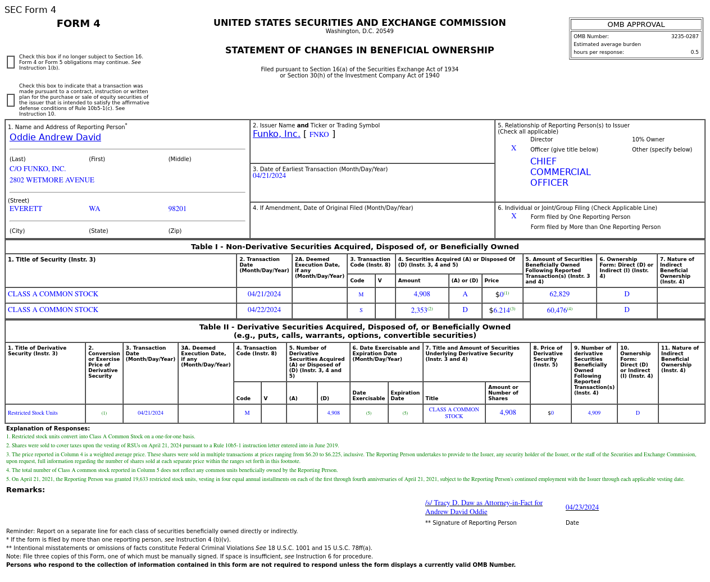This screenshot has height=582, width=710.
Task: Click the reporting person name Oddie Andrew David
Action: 55,138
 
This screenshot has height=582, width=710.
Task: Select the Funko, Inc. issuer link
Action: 276,134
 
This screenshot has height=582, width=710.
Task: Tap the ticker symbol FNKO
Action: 319,135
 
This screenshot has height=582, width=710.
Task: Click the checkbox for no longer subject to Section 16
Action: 11,62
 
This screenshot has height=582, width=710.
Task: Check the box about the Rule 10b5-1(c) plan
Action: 11,100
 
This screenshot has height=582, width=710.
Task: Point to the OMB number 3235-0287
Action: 684,36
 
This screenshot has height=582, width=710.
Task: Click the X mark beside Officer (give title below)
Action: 513,149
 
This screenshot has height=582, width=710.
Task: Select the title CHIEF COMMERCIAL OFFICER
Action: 560,172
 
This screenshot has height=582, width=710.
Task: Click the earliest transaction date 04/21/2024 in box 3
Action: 269,176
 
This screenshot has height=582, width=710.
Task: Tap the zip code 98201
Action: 177,209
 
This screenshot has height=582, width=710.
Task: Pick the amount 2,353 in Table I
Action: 419,310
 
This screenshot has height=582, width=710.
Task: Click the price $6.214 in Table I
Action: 500,310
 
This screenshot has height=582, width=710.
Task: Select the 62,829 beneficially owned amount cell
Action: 559,294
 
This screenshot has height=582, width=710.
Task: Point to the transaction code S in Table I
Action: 361,310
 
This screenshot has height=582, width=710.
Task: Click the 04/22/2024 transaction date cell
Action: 264,310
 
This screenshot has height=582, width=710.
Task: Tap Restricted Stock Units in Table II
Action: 33,413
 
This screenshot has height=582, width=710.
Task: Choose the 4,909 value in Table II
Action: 594,413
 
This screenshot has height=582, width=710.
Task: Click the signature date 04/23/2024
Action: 582,507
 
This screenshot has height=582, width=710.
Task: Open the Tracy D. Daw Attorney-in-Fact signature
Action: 484,507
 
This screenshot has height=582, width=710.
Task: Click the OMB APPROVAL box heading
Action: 636,25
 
